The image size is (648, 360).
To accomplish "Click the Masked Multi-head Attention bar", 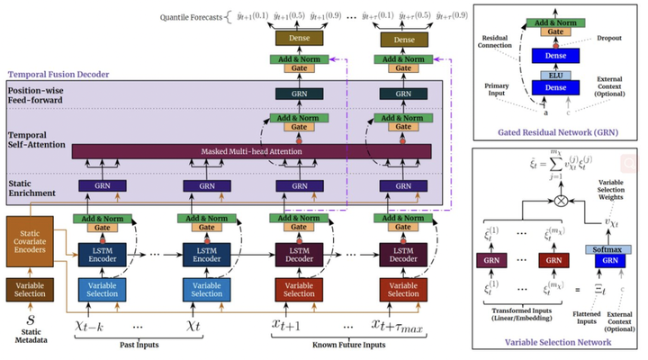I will tap(251, 152).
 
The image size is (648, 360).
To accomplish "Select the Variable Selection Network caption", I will tap(557, 342).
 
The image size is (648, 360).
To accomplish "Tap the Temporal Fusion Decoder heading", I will tap(58, 74).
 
